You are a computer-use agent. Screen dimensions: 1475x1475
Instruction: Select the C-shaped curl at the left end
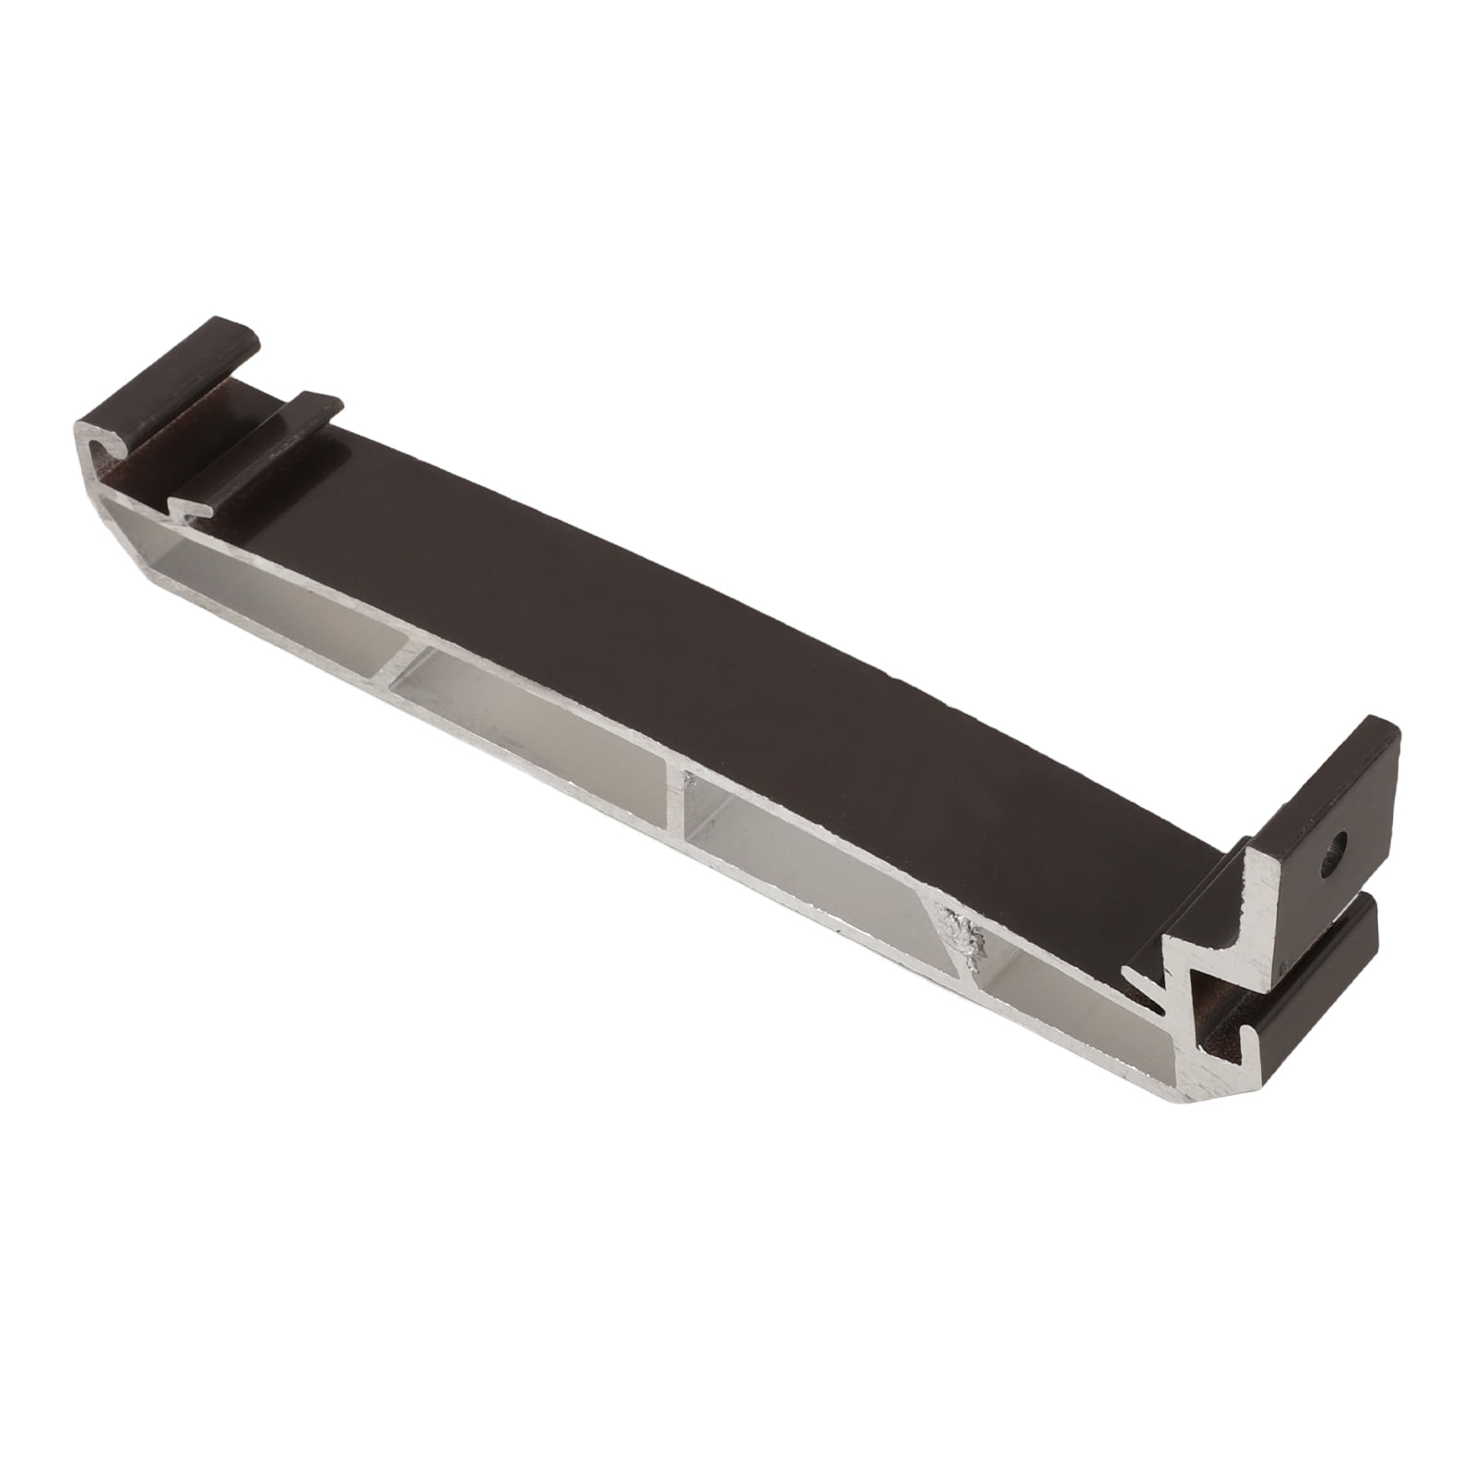101,451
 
